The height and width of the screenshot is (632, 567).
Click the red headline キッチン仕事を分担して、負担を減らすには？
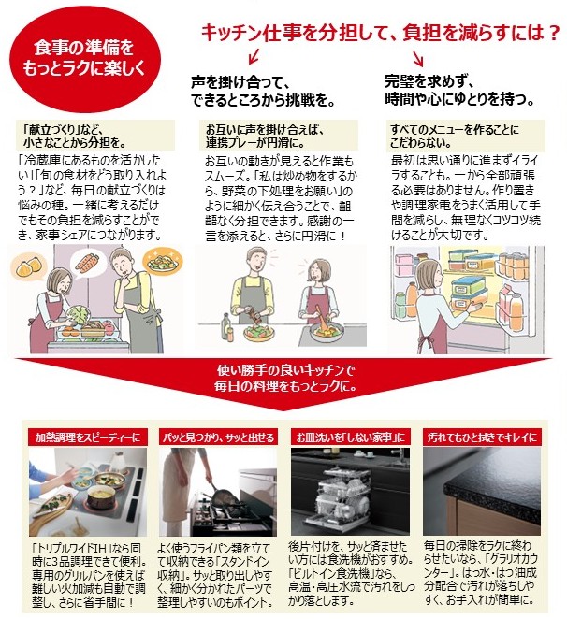click(x=380, y=35)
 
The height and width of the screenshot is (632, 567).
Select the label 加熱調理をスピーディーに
click(x=85, y=437)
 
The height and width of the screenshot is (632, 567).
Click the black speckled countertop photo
click(x=487, y=486)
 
